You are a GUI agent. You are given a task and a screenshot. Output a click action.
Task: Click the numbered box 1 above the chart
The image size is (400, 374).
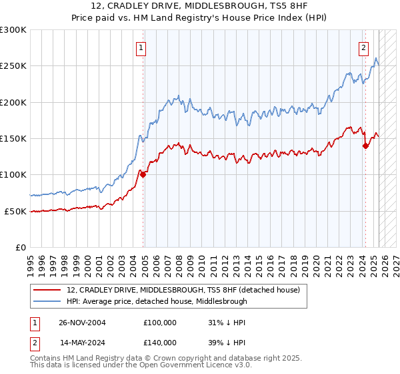pyautogui.click(x=142, y=47)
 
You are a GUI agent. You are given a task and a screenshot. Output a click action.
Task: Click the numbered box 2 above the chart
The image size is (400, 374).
pyautogui.click(x=364, y=47)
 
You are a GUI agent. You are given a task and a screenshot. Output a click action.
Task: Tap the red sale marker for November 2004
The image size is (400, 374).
pyautogui.click(x=143, y=174)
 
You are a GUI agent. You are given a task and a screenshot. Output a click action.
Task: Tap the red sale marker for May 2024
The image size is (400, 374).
pyautogui.click(x=365, y=146)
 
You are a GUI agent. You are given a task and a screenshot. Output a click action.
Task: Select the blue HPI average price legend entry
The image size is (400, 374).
pyautogui.click(x=157, y=301)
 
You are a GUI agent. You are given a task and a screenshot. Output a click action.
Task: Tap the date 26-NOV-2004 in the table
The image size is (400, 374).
pyautogui.click(x=83, y=322)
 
